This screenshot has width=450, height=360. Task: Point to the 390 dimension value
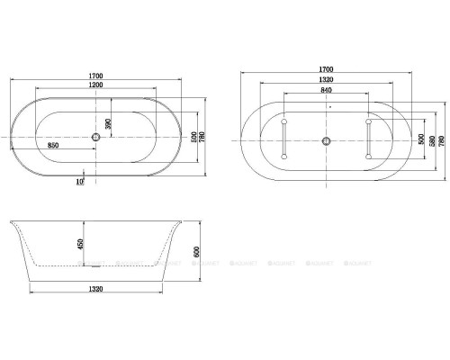click(107, 123)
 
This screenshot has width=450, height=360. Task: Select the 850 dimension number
click(54, 145)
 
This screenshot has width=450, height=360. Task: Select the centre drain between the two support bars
click(327, 141)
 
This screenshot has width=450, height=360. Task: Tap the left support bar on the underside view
click(284, 140)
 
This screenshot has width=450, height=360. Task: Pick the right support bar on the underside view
click(369, 140)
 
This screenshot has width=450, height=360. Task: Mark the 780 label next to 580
click(441, 142)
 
